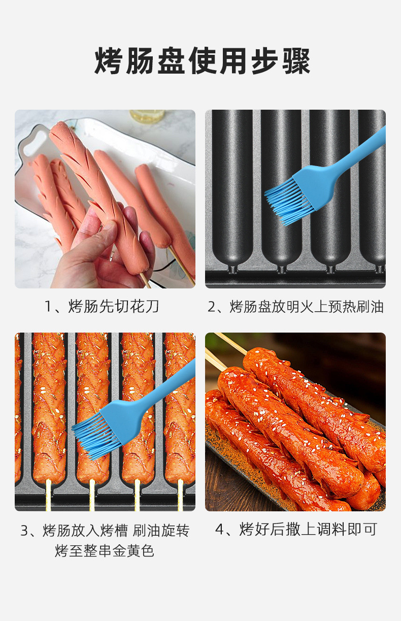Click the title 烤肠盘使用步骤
(x=202, y=61)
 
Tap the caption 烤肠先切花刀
(x=102, y=307)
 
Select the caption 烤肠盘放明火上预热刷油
(x=295, y=307)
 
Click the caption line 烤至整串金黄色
(x=105, y=550)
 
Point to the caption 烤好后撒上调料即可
(x=295, y=530)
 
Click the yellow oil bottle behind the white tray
(x=147, y=117)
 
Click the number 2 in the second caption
(x=213, y=307)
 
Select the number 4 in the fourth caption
(x=220, y=530)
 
